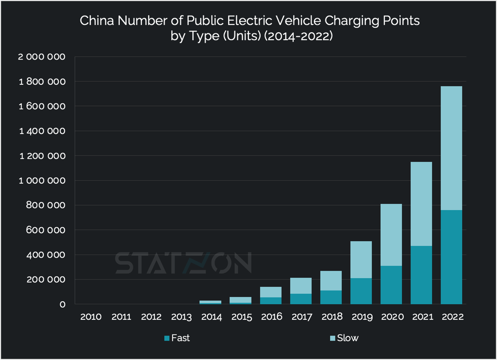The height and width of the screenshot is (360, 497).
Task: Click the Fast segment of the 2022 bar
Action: point(451,257)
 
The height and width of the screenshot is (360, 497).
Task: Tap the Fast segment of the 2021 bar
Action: point(421,275)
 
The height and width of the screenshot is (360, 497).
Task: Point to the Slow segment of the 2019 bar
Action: point(361,259)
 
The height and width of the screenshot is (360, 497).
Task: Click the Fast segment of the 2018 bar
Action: point(331,297)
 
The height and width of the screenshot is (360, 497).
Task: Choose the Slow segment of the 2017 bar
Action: point(301,286)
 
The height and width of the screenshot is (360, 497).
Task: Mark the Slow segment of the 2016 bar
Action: point(271,292)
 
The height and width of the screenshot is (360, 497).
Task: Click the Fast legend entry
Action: point(177,338)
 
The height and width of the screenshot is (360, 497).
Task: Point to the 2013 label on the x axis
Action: point(181,317)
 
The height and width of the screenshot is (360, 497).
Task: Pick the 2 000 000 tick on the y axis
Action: point(42,57)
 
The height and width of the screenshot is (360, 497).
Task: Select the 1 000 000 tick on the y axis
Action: point(42,181)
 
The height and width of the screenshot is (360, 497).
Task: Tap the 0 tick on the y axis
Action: point(63,305)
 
